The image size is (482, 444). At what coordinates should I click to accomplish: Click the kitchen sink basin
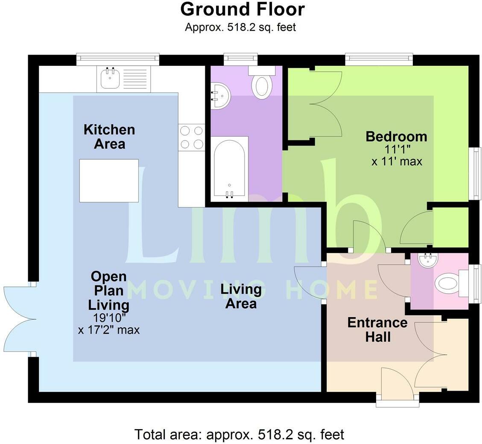[109, 79]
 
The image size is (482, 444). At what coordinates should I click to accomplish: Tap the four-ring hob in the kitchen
[192, 137]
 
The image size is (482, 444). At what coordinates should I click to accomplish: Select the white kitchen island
[109, 181]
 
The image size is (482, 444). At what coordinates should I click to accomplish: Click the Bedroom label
[396, 137]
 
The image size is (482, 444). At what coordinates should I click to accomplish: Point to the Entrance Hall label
[377, 330]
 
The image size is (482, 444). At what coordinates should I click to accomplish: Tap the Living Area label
[241, 296]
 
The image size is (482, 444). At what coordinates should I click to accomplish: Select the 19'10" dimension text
[109, 318]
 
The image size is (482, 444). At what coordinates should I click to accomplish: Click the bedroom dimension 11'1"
[396, 150]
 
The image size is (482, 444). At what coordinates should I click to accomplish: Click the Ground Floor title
[242, 9]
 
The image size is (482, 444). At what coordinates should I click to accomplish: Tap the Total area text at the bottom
[239, 435]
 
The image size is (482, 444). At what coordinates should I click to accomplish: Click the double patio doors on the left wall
[19, 319]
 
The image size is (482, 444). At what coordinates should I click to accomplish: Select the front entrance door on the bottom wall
[397, 384]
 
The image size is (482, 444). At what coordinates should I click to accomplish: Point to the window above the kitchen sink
[118, 59]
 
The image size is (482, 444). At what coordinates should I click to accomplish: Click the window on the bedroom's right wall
[475, 173]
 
